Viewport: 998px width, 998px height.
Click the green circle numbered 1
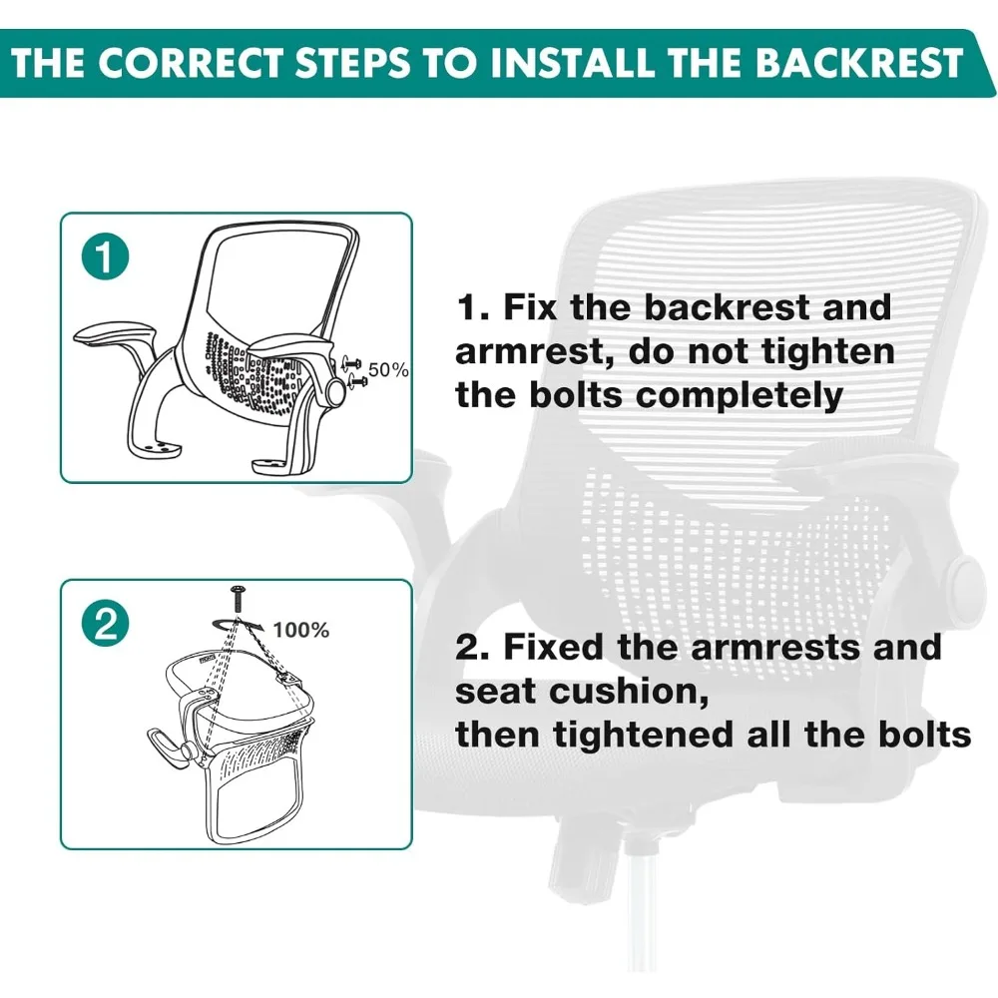coord(106,257)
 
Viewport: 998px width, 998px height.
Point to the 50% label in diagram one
coord(388,369)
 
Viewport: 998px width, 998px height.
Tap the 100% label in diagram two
coord(301,630)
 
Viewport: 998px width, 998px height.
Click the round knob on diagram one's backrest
coord(334,389)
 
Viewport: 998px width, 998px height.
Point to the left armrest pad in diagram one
coord(115,334)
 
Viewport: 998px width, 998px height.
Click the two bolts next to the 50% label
coord(354,372)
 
